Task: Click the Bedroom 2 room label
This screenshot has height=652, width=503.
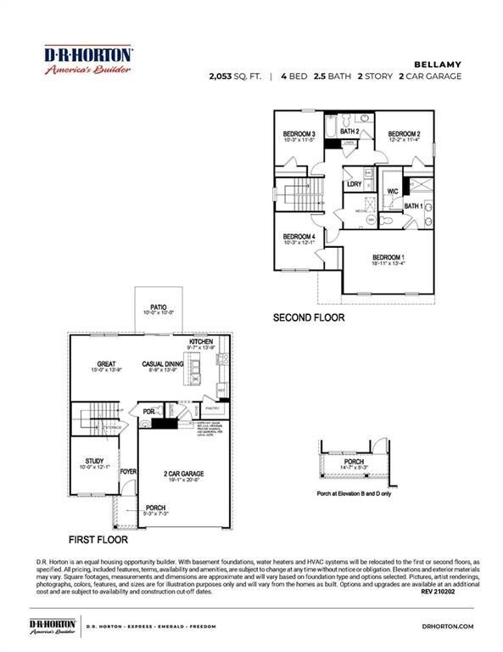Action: (x=404, y=134)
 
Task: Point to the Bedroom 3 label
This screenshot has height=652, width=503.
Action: (x=299, y=134)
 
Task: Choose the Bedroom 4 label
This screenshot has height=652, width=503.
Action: (x=299, y=236)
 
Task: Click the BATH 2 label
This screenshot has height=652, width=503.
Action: (x=350, y=132)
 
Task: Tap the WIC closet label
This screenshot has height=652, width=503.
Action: (x=393, y=191)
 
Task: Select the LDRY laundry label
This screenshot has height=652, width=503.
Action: (x=355, y=184)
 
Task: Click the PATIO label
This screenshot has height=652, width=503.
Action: (x=159, y=307)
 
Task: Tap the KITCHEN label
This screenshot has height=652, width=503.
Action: (x=201, y=341)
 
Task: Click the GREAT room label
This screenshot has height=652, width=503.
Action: (x=105, y=363)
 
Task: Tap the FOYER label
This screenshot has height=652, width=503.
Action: (x=128, y=470)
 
